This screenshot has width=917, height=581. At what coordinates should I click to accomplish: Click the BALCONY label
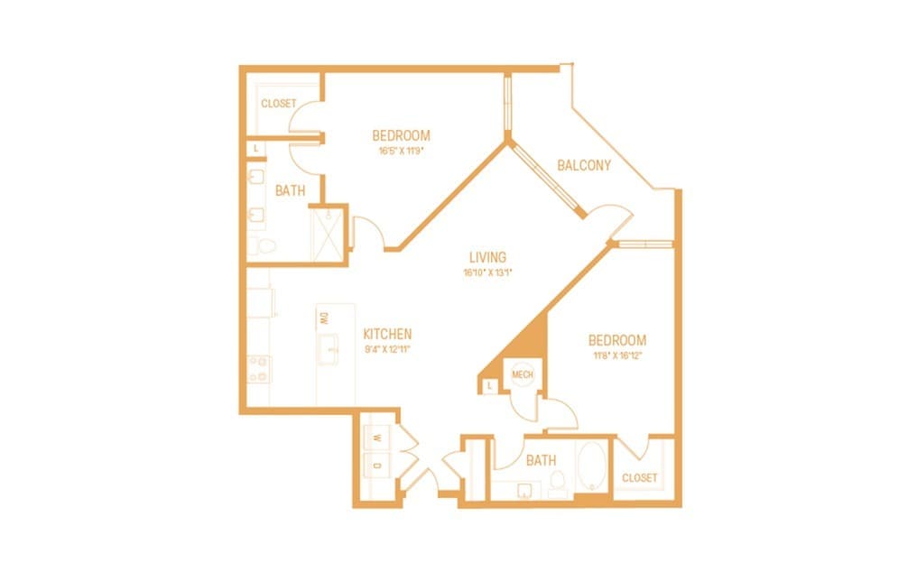pyautogui.click(x=583, y=165)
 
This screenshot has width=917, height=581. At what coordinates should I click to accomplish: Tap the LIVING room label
pyautogui.click(x=487, y=257)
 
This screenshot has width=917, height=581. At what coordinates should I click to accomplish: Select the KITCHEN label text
pyautogui.click(x=387, y=333)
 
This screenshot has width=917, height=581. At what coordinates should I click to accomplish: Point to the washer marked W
pyautogui.click(x=377, y=438)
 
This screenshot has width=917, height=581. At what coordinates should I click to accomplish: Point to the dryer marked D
pyautogui.click(x=377, y=465)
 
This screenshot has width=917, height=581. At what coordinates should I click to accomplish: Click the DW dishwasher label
pyautogui.click(x=323, y=318)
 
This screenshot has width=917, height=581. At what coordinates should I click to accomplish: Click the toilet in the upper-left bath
pyautogui.click(x=256, y=245)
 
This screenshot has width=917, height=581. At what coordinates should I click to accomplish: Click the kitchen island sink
pyautogui.click(x=330, y=346)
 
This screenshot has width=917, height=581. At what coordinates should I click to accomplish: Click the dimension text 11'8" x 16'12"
pyautogui.click(x=616, y=356)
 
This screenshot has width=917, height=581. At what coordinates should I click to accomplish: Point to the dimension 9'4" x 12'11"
pyautogui.click(x=387, y=348)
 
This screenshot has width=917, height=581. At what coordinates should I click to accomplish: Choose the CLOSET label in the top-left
pyautogui.click(x=278, y=104)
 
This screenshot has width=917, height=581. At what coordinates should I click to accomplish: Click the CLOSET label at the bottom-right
pyautogui.click(x=639, y=477)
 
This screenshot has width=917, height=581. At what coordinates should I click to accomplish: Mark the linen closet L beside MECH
pyautogui.click(x=488, y=386)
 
